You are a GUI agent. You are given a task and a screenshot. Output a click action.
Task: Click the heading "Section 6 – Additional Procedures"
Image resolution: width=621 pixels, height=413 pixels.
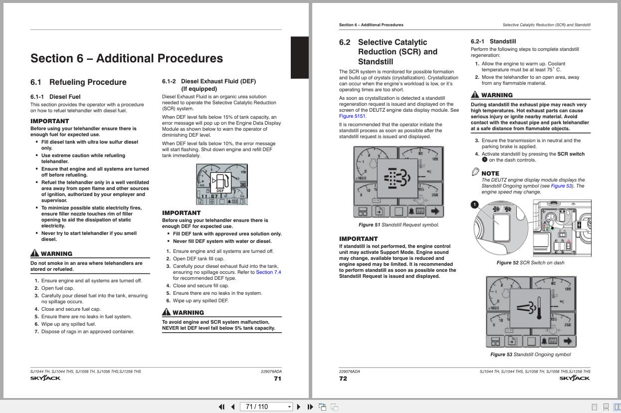(x=126, y=58)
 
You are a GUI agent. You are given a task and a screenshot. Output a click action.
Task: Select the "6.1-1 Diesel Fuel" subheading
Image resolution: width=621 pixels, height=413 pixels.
(x=55, y=97)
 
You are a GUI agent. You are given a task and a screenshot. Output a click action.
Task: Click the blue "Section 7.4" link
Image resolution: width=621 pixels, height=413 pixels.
(x=268, y=272)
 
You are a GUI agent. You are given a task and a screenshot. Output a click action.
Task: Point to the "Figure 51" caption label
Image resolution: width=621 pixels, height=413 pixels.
(x=369, y=225)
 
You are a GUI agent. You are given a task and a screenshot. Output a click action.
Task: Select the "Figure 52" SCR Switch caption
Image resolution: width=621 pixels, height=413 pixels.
(x=507, y=263)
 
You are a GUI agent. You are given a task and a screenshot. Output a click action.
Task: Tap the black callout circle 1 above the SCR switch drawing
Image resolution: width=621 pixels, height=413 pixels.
(x=474, y=205)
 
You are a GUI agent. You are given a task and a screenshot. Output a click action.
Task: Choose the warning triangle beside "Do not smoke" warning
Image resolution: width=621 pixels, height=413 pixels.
(x=34, y=253)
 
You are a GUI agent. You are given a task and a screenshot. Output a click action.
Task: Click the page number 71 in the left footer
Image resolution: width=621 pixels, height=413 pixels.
(x=277, y=379)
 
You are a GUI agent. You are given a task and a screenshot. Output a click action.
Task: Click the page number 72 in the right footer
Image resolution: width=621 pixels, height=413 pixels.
(x=343, y=379)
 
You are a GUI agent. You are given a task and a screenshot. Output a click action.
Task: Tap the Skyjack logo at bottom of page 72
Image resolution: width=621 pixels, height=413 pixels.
(x=574, y=379)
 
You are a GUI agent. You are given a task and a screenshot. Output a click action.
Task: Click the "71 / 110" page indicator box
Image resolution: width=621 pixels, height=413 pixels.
(x=266, y=407)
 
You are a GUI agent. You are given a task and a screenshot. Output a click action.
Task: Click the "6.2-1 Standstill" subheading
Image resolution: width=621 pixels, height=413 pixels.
(x=493, y=41)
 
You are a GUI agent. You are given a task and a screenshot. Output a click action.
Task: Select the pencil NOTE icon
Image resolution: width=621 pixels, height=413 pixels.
(x=475, y=172)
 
